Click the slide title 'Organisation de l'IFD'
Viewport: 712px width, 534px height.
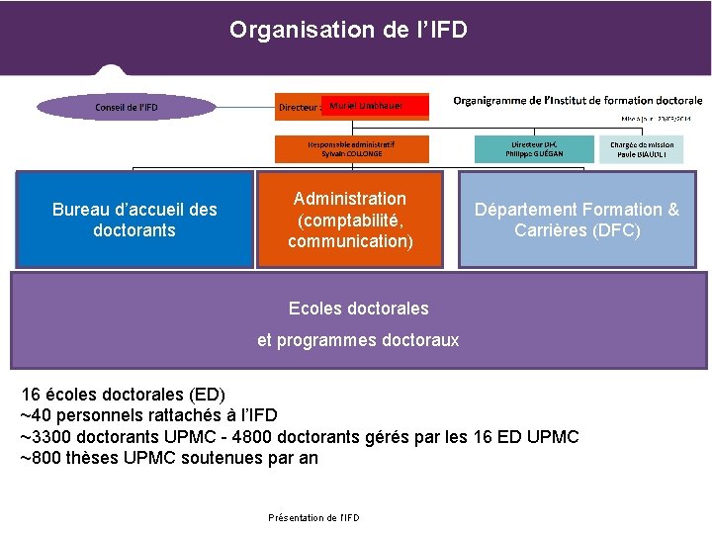pos(348,30)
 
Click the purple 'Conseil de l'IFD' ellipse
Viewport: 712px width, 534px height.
pos(126,107)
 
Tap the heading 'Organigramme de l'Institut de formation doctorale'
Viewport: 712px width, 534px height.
pos(578,100)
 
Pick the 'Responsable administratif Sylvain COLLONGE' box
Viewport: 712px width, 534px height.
pos(353,149)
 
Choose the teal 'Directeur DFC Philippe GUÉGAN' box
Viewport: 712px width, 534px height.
pos(534,149)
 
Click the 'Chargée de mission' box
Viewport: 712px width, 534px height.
pos(641,149)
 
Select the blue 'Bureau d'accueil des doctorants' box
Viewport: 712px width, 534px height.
pos(134,220)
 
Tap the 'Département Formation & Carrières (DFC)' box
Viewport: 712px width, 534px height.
pos(577,220)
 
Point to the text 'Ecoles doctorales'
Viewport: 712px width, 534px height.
pos(358,309)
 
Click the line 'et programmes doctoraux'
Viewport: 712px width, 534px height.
pos(358,340)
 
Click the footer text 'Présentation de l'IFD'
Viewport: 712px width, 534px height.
pos(313,517)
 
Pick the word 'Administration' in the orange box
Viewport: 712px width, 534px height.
pos(350,199)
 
